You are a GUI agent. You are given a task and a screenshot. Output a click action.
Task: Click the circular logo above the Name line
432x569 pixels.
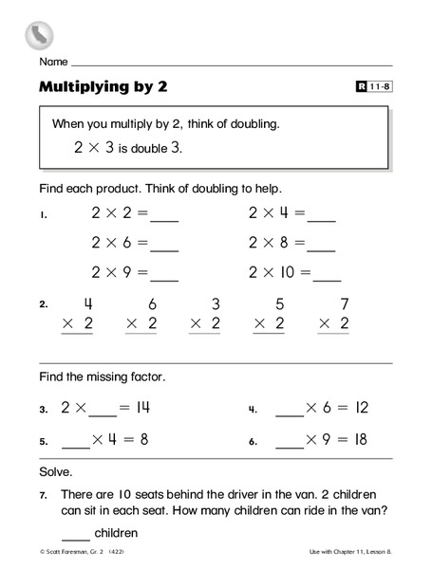pos(39,35)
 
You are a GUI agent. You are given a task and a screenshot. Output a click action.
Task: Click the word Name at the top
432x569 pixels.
pos(53,62)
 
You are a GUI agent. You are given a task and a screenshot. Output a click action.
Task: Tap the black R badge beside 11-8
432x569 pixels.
pos(361,87)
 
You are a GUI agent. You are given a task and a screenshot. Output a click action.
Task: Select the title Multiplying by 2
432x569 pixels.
pos(103,87)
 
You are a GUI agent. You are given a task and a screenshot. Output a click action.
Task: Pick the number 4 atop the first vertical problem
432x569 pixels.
pos(87,305)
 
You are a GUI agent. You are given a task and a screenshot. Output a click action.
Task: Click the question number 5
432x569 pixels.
pos(44,442)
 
